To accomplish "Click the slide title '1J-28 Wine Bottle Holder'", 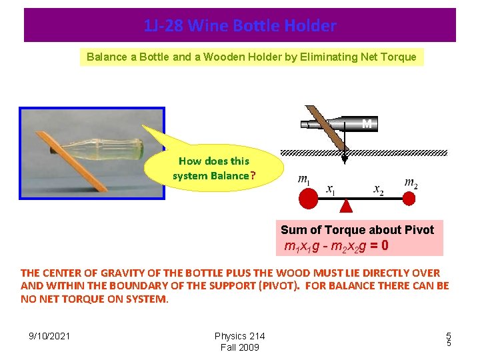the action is (x=240, y=26).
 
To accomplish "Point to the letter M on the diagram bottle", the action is (x=367, y=123).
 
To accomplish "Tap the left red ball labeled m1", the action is (x=308, y=199).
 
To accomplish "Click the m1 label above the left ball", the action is (x=304, y=180).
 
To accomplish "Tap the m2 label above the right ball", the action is (x=411, y=181).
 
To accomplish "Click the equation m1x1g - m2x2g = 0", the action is (x=337, y=246).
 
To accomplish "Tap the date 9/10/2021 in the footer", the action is (x=49, y=336).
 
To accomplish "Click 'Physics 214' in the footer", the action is (x=239, y=336).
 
